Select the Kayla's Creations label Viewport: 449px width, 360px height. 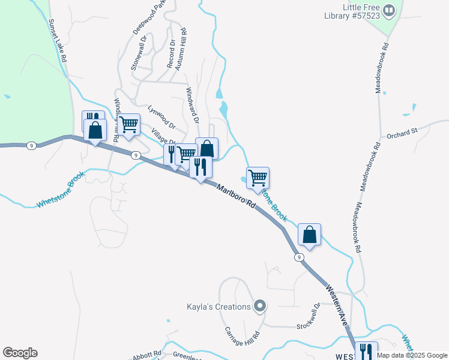[x=217, y=307]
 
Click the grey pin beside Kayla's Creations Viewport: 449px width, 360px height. [x=259, y=307]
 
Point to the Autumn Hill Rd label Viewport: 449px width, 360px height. [x=183, y=49]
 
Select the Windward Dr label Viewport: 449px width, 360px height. [x=191, y=106]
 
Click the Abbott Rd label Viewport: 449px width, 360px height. [x=148, y=354]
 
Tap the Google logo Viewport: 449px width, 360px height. [x=20, y=353]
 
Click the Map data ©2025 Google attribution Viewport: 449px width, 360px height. [x=412, y=355]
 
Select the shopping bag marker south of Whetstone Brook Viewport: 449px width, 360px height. [x=309, y=235]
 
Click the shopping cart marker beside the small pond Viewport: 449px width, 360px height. [x=258, y=178]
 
